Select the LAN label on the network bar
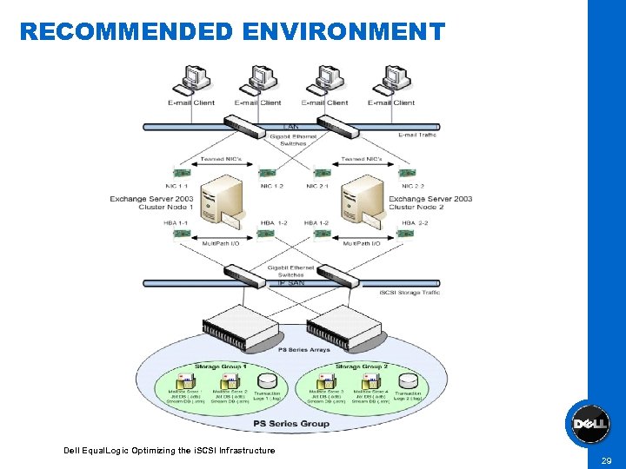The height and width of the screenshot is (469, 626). pos(291,127)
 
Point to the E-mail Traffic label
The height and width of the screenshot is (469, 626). pos(418,135)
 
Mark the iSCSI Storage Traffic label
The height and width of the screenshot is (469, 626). pos(410,293)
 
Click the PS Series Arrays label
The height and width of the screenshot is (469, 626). pos(303,350)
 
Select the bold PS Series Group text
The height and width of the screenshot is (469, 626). pos(291,423)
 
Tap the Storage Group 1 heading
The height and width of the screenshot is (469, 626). pos(221,367)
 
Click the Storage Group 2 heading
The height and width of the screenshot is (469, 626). pos(361,367)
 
